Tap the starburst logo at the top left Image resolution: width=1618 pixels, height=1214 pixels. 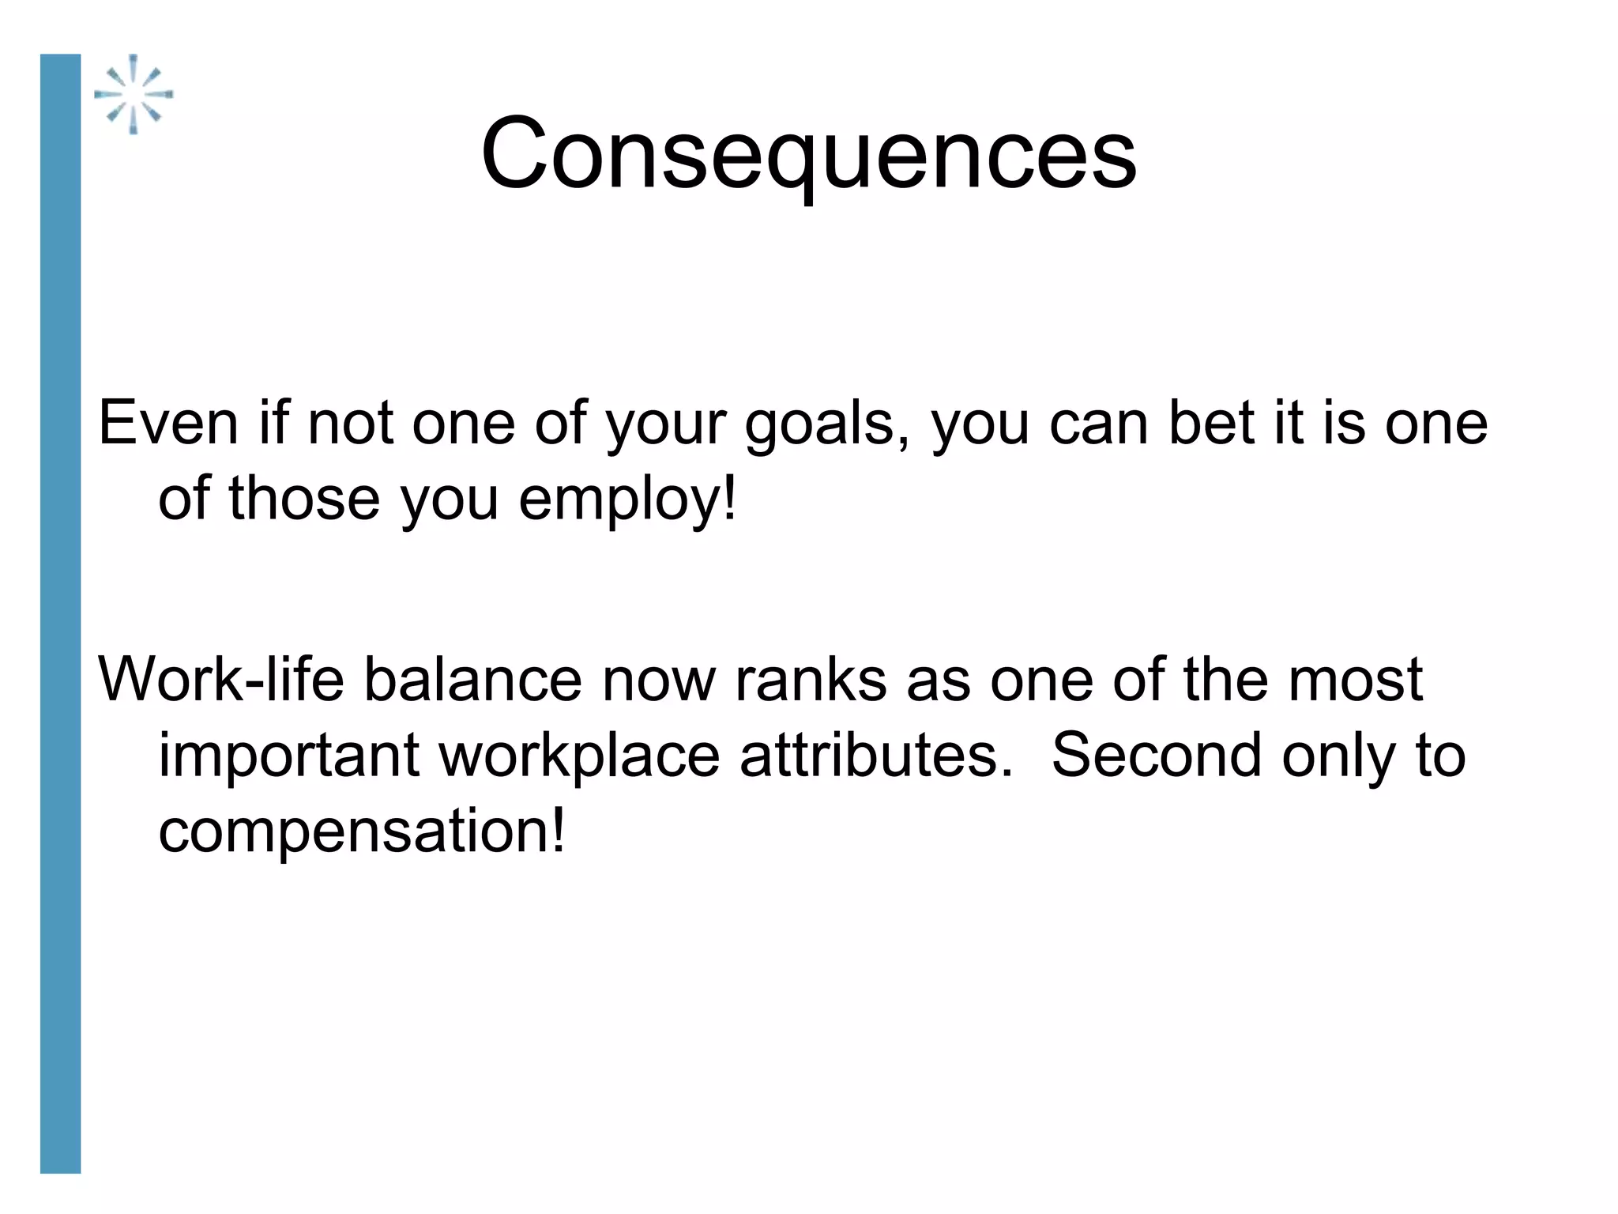[133, 94]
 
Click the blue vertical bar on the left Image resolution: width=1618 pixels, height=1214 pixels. [60, 613]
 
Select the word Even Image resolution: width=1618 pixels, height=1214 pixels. [167, 424]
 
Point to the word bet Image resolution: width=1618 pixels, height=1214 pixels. [1211, 424]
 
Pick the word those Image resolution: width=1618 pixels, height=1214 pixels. [304, 499]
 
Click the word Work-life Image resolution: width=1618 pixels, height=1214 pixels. [221, 680]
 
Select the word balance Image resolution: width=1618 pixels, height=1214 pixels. [472, 680]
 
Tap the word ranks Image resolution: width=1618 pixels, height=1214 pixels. [811, 680]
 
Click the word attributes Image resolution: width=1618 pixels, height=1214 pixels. [875, 756]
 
